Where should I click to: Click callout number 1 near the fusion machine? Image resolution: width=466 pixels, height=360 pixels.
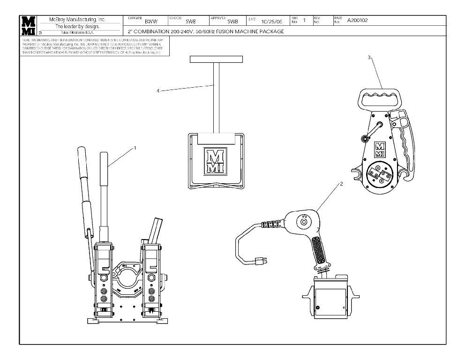(135, 148)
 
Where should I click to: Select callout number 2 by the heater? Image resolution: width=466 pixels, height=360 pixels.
(341, 184)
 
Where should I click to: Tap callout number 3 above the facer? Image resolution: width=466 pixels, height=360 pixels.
(369, 57)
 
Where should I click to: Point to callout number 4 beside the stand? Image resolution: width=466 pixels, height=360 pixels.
(158, 91)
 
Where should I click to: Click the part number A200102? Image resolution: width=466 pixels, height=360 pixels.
(358, 21)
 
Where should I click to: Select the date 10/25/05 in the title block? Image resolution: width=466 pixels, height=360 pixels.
(272, 22)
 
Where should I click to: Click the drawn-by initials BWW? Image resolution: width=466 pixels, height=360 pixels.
(151, 22)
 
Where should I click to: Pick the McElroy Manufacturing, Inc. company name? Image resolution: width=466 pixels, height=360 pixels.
(78, 20)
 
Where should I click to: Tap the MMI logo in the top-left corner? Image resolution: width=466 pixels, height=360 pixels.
(28, 25)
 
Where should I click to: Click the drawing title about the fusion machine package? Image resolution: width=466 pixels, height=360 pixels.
(206, 32)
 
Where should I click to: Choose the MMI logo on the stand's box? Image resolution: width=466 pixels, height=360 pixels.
(216, 162)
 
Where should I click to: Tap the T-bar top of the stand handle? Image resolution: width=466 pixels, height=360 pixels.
(216, 60)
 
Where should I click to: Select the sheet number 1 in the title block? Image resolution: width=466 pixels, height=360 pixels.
(304, 20)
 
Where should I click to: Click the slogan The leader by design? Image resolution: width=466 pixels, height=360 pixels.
(78, 27)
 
